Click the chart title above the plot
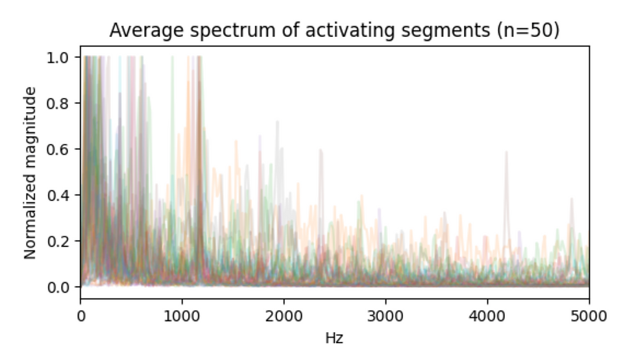click(x=334, y=30)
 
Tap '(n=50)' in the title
click(x=527, y=30)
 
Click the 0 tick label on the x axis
click(x=81, y=316)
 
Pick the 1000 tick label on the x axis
click(x=182, y=316)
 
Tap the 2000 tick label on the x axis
click(x=284, y=316)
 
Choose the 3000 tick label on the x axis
click(x=385, y=316)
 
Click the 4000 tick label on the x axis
click(x=487, y=316)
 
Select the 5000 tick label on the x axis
click(x=589, y=316)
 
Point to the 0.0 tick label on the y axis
click(x=63, y=287)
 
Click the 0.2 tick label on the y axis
click(x=63, y=241)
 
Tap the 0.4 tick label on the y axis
click(x=63, y=195)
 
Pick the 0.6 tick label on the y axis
click(x=63, y=149)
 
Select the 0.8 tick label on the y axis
click(x=63, y=103)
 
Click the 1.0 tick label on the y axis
click(x=63, y=57)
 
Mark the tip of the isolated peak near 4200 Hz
click(x=507, y=152)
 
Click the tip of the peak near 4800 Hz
click(x=572, y=198)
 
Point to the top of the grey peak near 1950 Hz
click(x=278, y=121)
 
